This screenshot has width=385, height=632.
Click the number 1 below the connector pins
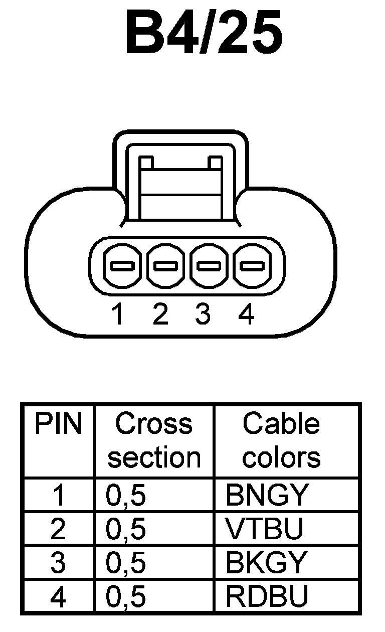point(118,314)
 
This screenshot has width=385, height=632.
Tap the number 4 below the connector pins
point(246,314)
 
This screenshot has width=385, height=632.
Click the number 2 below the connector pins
point(160,314)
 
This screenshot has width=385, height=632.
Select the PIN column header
point(58,424)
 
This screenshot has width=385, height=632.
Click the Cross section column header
point(154,440)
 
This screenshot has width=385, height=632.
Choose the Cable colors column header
point(281,440)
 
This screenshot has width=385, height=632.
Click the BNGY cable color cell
point(266,496)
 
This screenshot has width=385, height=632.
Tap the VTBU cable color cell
point(265,529)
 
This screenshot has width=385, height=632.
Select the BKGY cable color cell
point(266,563)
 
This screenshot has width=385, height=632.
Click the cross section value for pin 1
point(126,496)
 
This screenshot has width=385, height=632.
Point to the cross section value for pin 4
point(126,597)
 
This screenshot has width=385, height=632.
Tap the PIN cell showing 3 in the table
point(58,563)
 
